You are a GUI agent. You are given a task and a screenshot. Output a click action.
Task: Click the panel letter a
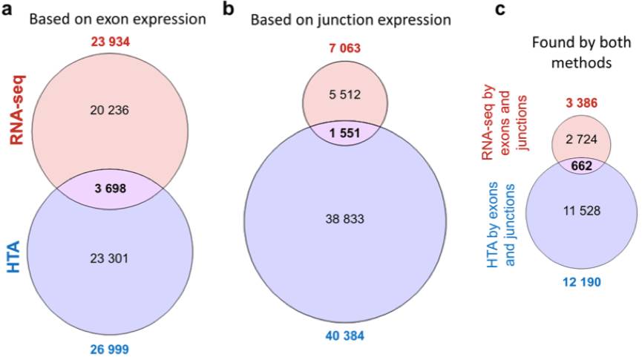point(7,9)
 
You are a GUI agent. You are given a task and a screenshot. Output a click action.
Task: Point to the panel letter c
point(500,9)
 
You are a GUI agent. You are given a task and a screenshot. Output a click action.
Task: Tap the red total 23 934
point(110,42)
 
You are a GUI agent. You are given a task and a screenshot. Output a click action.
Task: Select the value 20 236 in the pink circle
point(109,110)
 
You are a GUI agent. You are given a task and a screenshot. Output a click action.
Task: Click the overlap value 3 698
point(110,189)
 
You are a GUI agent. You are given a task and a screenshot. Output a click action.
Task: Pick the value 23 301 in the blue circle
point(109,258)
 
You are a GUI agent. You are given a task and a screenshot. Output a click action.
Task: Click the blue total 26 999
point(110,349)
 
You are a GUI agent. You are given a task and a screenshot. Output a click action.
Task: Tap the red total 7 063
point(344,48)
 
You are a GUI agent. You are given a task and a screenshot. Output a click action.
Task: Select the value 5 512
point(344,94)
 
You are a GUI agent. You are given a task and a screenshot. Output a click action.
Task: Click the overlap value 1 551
point(344,133)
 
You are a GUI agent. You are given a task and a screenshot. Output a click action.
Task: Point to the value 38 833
point(344,219)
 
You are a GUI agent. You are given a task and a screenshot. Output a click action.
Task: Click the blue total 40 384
point(344,336)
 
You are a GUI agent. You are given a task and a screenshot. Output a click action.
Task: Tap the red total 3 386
point(582,102)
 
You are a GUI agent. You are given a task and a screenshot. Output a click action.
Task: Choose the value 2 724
point(581,140)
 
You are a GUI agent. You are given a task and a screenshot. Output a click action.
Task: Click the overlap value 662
point(582,166)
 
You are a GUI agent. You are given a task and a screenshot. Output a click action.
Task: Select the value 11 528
point(581,211)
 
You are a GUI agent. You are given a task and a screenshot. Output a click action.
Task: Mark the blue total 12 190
point(581,282)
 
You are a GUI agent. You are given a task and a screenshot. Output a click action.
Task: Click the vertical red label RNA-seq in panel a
point(17,110)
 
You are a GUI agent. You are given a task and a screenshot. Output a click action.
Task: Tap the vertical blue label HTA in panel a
point(13,258)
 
